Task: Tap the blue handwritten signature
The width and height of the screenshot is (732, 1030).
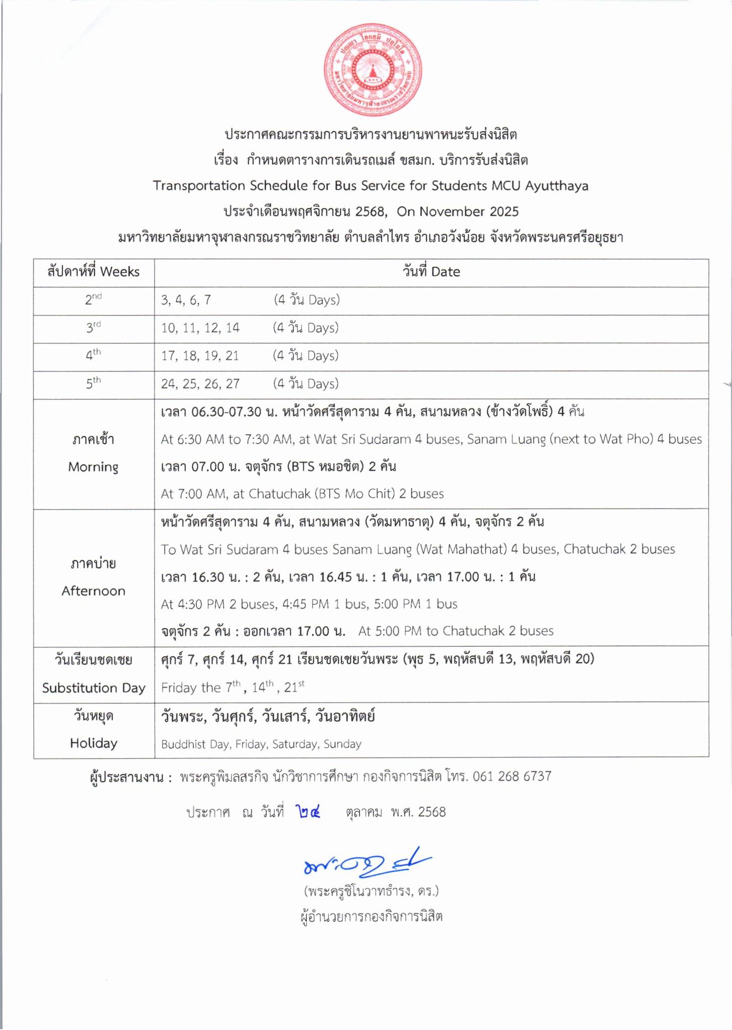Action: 366,863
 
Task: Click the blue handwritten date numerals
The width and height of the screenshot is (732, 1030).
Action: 308,812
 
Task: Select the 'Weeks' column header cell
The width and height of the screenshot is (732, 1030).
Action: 94,272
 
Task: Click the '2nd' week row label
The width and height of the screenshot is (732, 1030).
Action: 93,300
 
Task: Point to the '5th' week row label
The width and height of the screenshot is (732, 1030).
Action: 93,384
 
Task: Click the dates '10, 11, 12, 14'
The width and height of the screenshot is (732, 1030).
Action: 200,328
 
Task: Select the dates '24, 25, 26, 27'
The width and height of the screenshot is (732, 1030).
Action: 200,384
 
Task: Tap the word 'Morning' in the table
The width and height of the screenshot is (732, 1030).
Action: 93,467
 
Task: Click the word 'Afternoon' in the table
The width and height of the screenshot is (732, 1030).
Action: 93,591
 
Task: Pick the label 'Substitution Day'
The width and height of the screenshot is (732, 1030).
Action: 94,688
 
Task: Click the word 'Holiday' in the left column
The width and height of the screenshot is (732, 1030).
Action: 94,743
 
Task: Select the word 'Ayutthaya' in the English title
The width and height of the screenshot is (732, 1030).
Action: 557,186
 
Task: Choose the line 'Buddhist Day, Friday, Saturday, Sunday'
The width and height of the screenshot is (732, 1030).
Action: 261,744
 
